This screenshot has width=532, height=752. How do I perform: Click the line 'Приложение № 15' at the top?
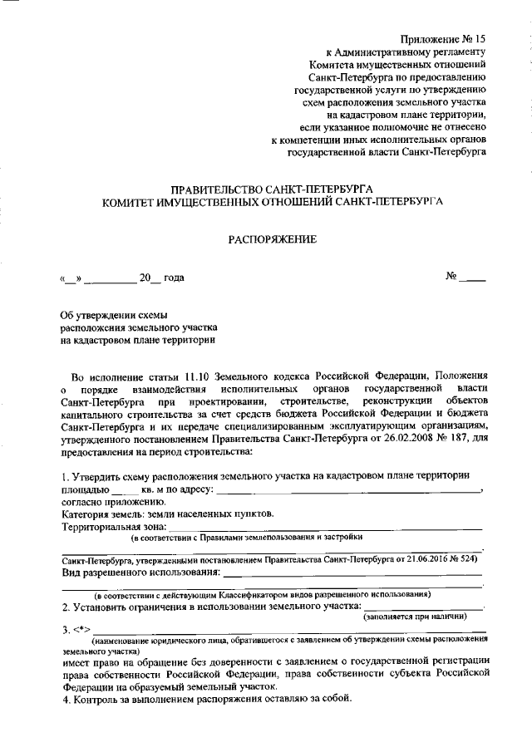pyautogui.click(x=442, y=40)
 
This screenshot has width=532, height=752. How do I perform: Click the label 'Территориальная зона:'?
pyautogui.click(x=115, y=526)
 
